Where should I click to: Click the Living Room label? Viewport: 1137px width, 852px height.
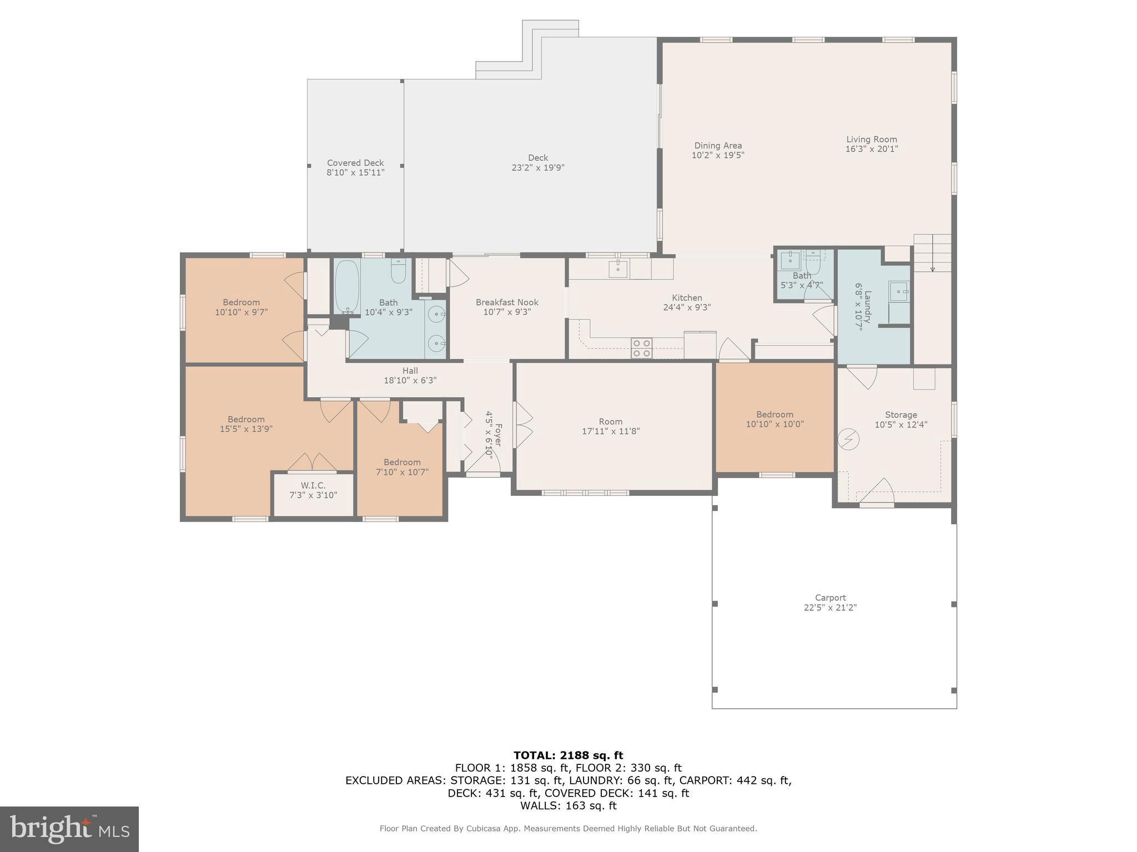(871, 140)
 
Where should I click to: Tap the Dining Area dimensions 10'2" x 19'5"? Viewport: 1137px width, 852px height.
(717, 156)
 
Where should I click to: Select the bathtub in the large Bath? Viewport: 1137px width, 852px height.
(348, 287)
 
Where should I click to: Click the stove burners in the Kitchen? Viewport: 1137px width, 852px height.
(641, 348)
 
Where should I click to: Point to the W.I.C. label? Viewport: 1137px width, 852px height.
(313, 485)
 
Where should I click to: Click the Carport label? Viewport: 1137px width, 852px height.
(830, 597)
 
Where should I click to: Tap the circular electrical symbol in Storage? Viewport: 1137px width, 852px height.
(848, 440)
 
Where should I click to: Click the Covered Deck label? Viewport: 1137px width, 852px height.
(355, 163)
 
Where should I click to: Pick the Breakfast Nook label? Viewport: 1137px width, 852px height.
(507, 302)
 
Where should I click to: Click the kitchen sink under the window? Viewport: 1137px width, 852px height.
(618, 269)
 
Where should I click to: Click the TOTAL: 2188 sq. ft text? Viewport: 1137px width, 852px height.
(568, 755)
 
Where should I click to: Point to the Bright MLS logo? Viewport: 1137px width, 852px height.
(69, 829)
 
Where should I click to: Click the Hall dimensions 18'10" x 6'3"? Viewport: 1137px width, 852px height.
(410, 381)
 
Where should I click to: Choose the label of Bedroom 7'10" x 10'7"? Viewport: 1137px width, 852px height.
(402, 462)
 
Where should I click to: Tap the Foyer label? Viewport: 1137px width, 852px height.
(498, 435)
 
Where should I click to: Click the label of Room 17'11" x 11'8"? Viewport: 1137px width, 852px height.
(611, 422)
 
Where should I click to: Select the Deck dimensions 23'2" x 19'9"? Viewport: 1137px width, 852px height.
(537, 168)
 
